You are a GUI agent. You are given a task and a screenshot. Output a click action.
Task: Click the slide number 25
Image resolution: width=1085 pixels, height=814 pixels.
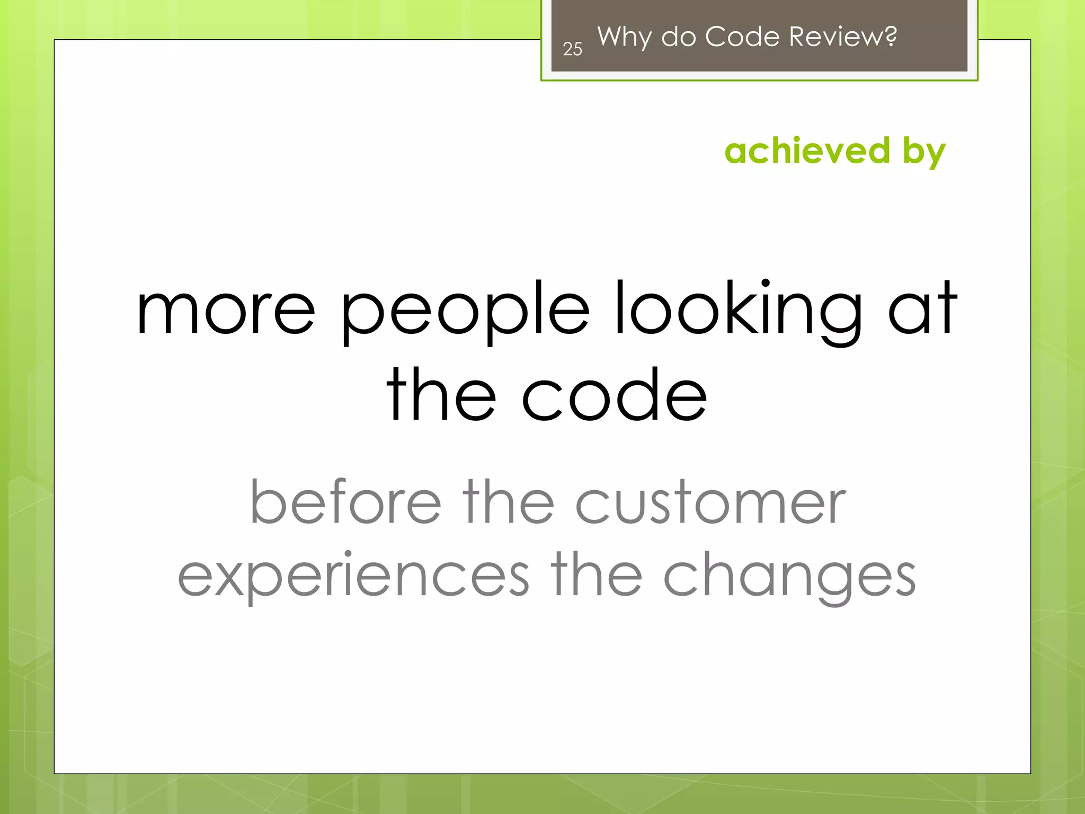pos(572,49)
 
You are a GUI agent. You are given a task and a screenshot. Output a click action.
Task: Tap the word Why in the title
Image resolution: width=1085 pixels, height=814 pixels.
pos(624,37)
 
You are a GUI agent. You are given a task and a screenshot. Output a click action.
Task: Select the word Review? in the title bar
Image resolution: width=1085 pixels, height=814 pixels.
pos(842,37)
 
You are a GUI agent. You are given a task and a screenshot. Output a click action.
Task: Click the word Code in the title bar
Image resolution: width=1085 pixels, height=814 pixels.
pos(742,37)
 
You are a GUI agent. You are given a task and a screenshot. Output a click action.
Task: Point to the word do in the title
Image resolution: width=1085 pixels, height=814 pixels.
pos(678,37)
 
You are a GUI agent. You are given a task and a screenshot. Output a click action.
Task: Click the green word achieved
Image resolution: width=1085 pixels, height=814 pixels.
pos(807,151)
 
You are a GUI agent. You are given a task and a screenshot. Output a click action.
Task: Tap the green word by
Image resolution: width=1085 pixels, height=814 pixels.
pos(924,153)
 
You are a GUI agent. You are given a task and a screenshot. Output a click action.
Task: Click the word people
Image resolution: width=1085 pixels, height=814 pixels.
pos(465,313)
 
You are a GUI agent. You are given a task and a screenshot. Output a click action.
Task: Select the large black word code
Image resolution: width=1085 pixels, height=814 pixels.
pos(615,395)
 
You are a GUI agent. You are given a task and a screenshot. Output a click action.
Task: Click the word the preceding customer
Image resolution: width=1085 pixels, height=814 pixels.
pos(508,501)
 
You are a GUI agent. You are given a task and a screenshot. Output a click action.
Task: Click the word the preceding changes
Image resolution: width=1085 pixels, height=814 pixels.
pos(596,575)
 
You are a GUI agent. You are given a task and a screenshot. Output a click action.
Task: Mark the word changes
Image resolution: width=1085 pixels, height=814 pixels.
pos(789,578)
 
